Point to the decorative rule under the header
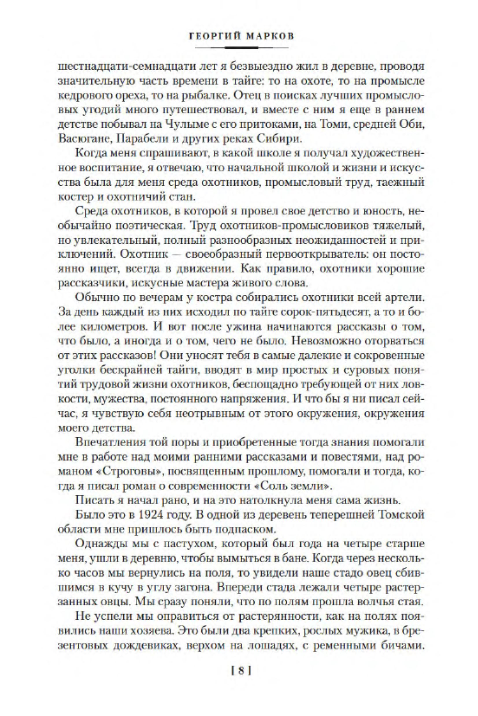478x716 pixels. click(241, 48)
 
